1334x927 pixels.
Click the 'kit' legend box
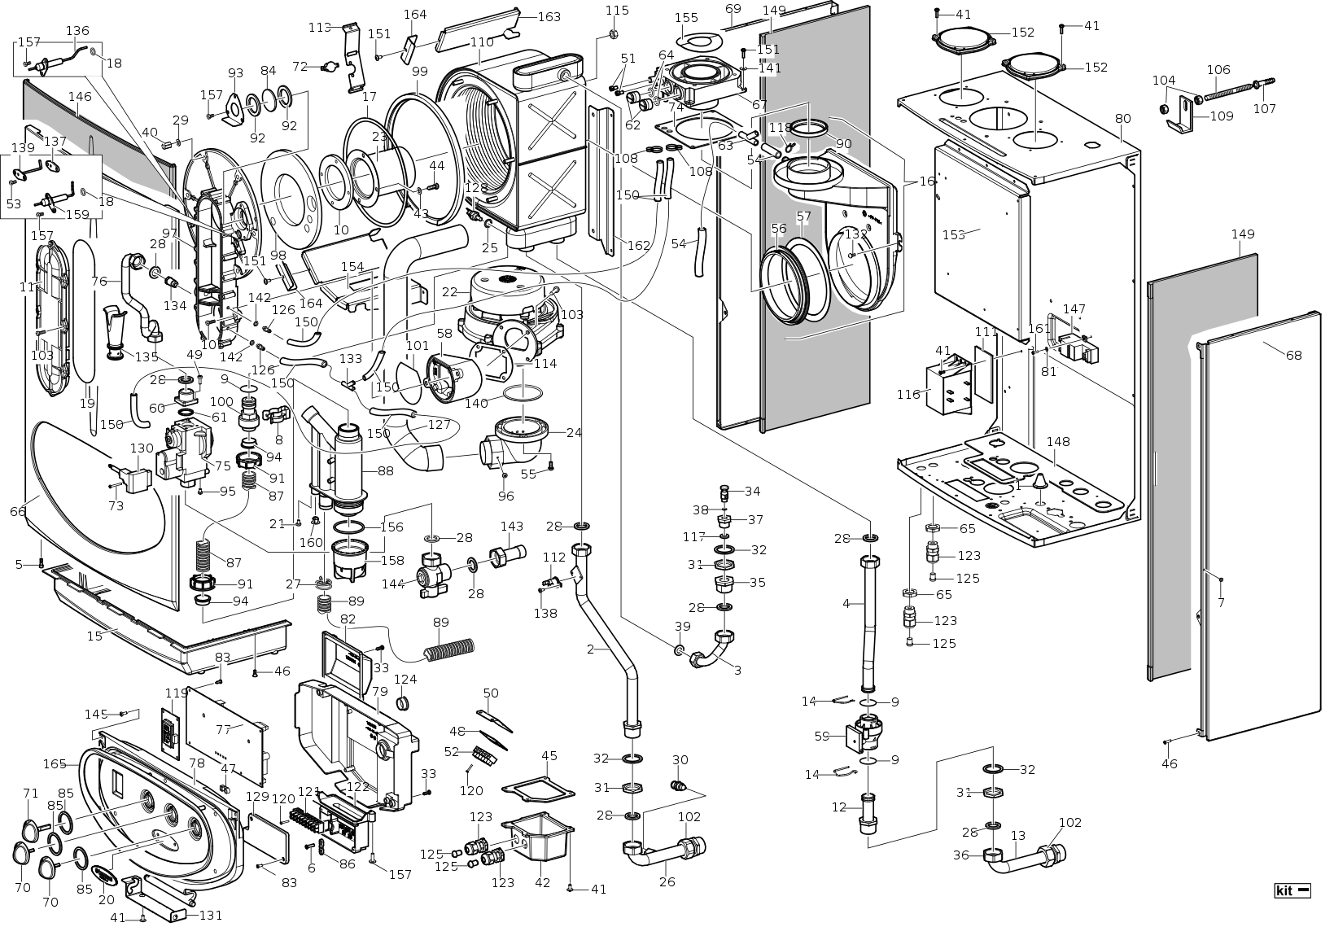(1293, 890)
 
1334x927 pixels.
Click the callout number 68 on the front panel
(1294, 356)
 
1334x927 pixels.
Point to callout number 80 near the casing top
(1122, 119)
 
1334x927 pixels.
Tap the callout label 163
(549, 16)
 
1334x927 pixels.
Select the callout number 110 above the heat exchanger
(482, 42)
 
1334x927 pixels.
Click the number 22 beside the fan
(449, 291)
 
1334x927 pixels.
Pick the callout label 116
(908, 394)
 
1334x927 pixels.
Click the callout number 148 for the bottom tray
(1057, 442)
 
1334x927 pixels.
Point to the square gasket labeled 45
(538, 790)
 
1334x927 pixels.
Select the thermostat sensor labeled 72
(329, 68)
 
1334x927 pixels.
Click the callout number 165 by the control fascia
(55, 763)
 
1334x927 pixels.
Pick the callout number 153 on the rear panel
(953, 234)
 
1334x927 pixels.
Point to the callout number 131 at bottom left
(210, 915)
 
